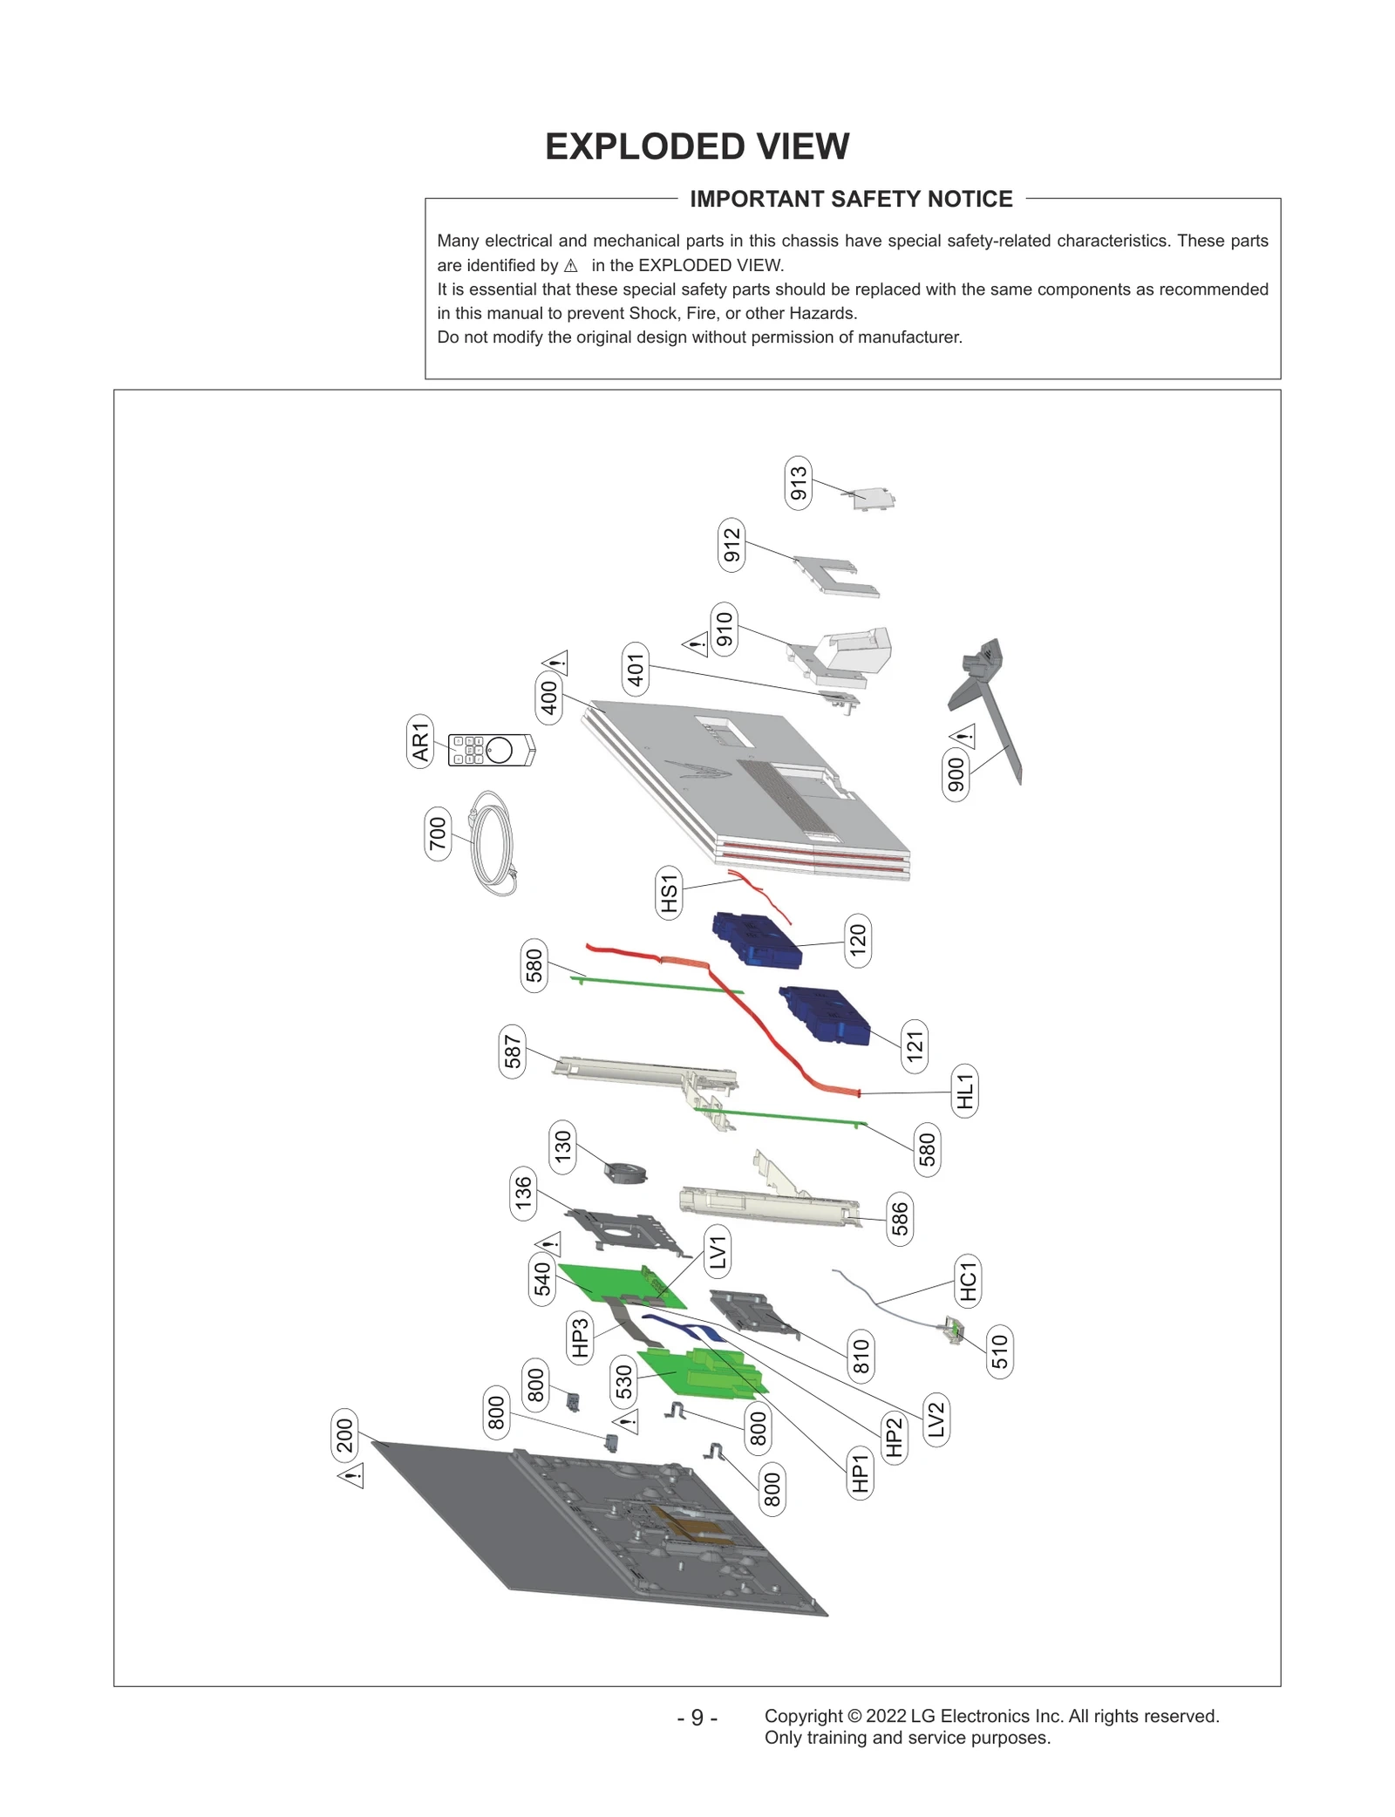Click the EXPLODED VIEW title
[x=697, y=146]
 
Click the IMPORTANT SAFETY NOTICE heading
[x=851, y=199]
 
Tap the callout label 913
[x=798, y=483]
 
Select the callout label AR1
[x=420, y=741]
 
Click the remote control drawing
[x=491, y=750]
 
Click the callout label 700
[x=438, y=834]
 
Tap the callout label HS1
[x=668, y=892]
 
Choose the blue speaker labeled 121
[x=825, y=1016]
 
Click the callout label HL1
[x=964, y=1091]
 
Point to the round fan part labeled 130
[x=625, y=1172]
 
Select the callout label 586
[x=900, y=1219]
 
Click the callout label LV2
[x=936, y=1419]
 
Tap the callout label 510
[x=999, y=1351]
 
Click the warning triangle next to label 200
[x=351, y=1475]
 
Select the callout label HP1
[x=860, y=1473]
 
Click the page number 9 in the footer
[x=697, y=1717]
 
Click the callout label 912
[x=732, y=545]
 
